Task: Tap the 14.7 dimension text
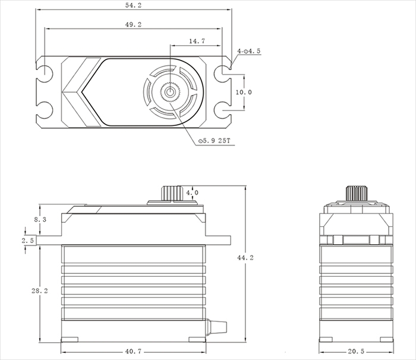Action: point(197,42)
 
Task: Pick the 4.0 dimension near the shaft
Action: point(193,193)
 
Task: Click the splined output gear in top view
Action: point(171,92)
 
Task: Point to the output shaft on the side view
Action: point(355,194)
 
